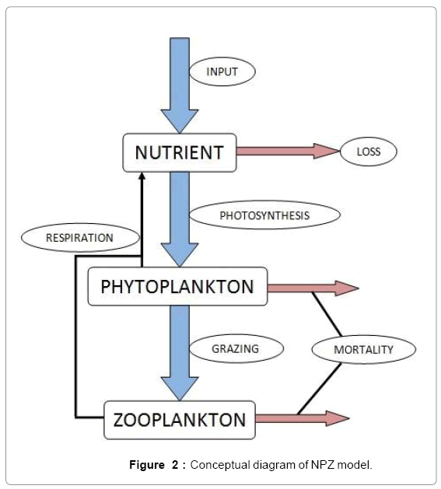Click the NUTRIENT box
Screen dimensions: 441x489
tap(180, 153)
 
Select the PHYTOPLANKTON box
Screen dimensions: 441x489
tap(177, 286)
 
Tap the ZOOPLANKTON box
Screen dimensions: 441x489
tap(180, 420)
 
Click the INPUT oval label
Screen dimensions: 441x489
tap(222, 72)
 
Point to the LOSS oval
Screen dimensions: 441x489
tap(369, 152)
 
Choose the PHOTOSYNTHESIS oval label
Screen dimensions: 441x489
tap(264, 215)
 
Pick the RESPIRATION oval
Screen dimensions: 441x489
tap(80, 238)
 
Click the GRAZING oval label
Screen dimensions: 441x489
tap(236, 348)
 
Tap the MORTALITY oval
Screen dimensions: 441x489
tap(363, 350)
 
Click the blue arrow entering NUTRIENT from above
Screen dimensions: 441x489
tap(180, 86)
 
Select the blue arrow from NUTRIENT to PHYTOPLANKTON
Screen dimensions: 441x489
tap(180, 219)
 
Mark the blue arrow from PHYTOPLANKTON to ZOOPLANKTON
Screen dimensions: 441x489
tap(180, 353)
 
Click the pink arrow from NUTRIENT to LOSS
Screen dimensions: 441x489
tap(288, 152)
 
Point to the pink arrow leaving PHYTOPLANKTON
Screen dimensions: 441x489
tap(313, 288)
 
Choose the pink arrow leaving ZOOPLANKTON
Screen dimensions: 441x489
tap(303, 418)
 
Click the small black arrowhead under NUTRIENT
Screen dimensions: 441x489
tap(142, 176)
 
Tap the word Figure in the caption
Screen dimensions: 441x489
tap(147, 465)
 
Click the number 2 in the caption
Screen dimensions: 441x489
tap(175, 465)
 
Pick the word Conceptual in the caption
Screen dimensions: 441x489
tap(220, 465)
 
